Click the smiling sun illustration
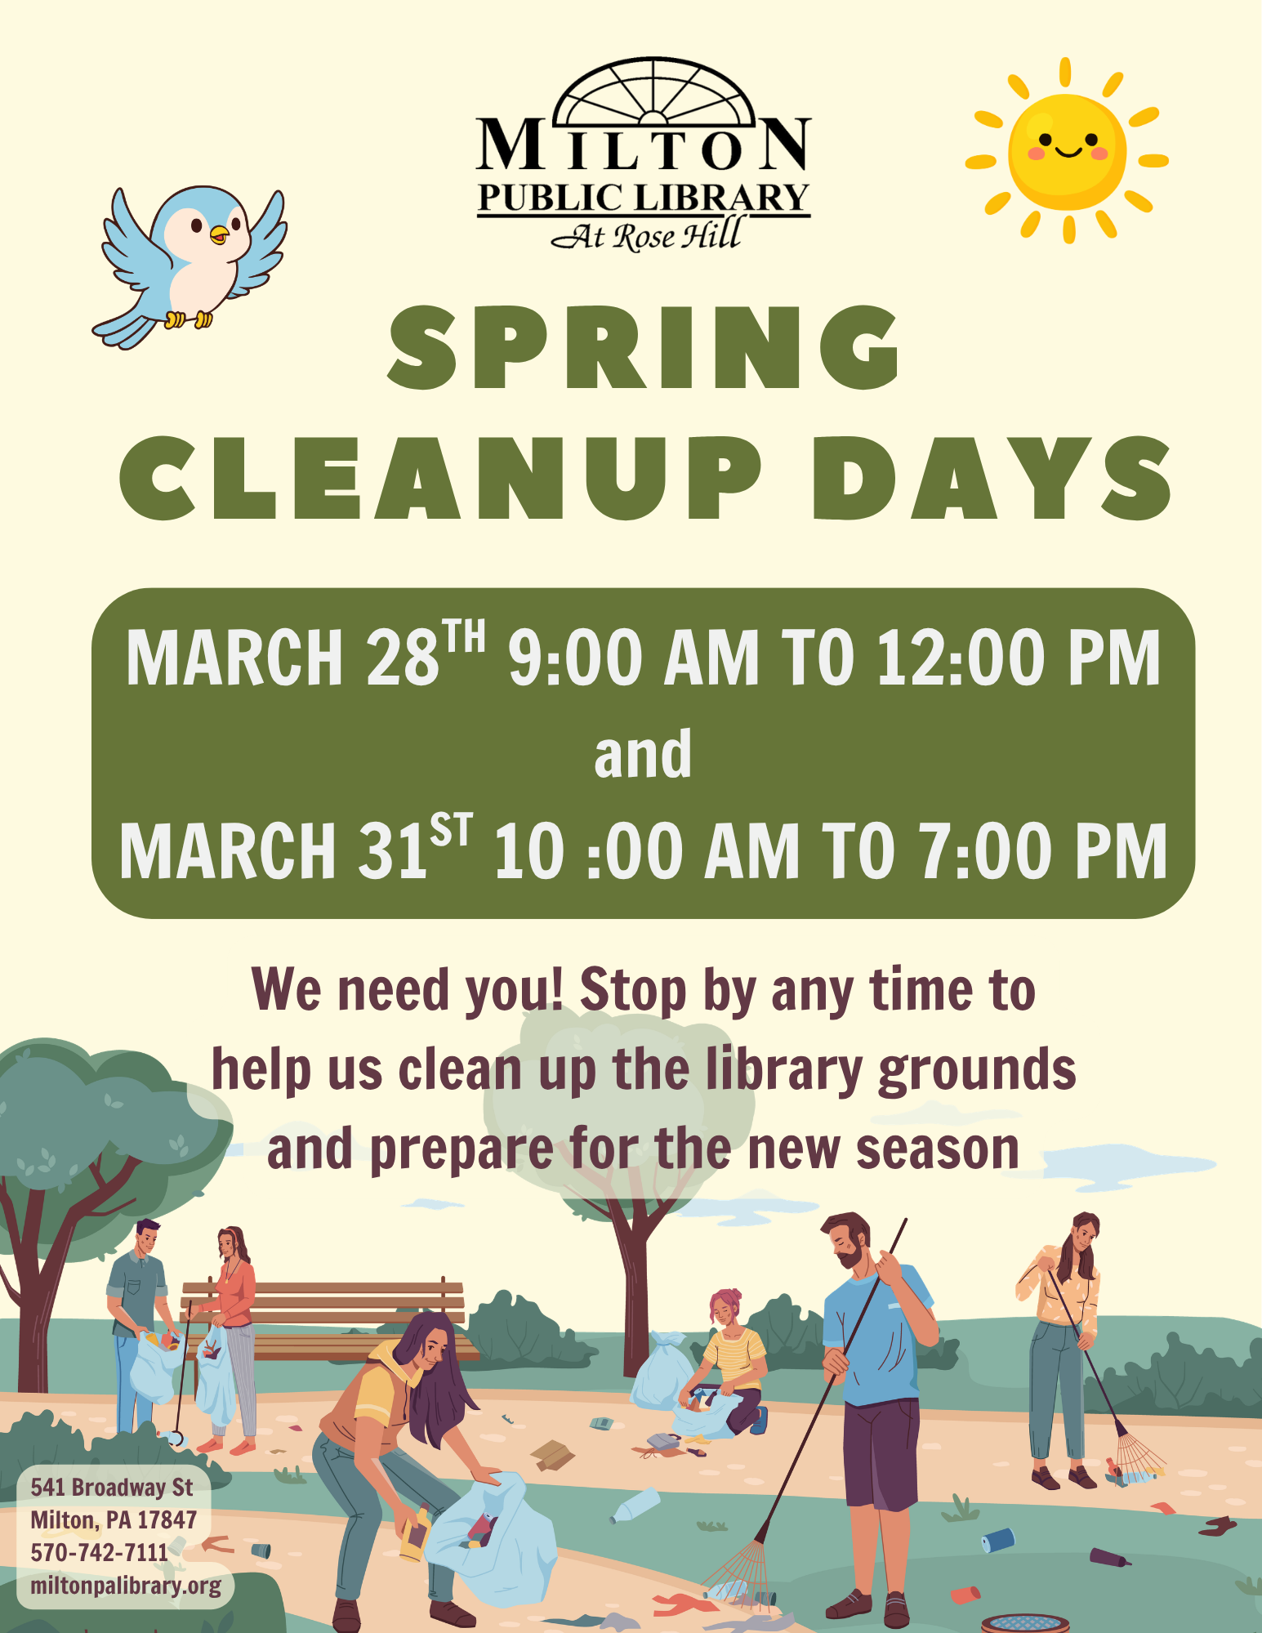(x=1067, y=151)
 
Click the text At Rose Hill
(x=645, y=235)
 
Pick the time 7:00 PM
(x=1042, y=850)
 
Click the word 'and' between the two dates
(x=643, y=754)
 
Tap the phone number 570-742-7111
(x=99, y=1552)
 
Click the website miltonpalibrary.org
(x=126, y=1586)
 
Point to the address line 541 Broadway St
(x=112, y=1487)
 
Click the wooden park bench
(x=327, y=1318)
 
